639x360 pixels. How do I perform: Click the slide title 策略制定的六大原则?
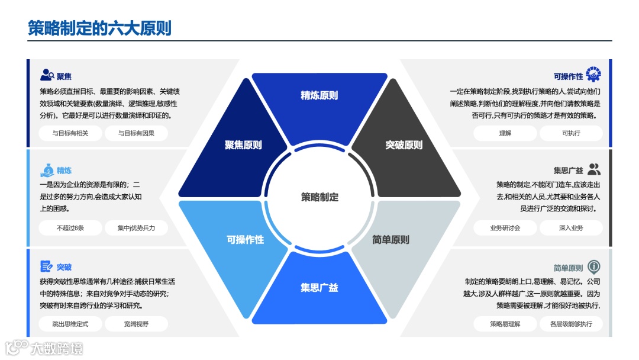coord(100,27)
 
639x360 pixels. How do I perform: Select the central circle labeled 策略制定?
coord(319,197)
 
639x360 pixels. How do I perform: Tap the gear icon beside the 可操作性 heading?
coord(593,75)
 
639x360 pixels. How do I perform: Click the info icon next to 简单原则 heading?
coord(593,266)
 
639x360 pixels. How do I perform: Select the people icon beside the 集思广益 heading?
coord(594,169)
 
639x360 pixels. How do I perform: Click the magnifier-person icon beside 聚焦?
coord(47,75)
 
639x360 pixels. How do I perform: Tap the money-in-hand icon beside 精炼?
coord(47,171)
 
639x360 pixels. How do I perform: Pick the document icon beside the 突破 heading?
coord(47,266)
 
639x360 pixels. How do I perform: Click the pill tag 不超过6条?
coord(70,228)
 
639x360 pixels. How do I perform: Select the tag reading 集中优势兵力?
coord(136,228)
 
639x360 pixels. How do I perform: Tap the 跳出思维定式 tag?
coord(70,324)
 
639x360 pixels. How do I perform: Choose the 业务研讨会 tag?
coord(505,228)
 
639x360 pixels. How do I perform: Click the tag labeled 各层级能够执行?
coord(570,324)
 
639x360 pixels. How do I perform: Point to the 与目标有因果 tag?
coord(136,133)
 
